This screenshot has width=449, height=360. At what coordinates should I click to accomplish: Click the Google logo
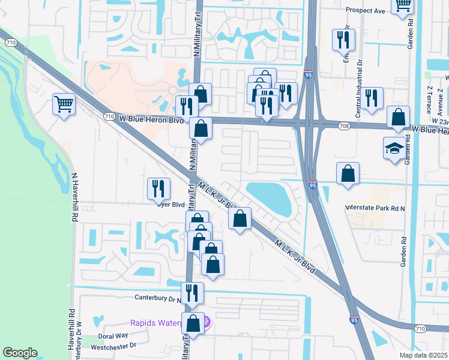click(20, 353)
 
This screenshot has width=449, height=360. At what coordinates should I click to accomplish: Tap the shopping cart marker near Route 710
click(64, 104)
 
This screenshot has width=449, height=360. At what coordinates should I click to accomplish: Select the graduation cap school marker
click(394, 148)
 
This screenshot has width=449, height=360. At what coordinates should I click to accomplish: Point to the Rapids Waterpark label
click(156, 323)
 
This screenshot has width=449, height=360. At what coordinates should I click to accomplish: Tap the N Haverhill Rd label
click(75, 198)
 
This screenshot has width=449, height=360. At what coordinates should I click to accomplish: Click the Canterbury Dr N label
click(158, 298)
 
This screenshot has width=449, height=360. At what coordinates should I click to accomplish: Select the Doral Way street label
click(113, 336)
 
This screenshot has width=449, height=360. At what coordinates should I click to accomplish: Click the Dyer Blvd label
click(170, 204)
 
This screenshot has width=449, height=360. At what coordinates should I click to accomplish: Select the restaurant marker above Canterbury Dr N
click(192, 293)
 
